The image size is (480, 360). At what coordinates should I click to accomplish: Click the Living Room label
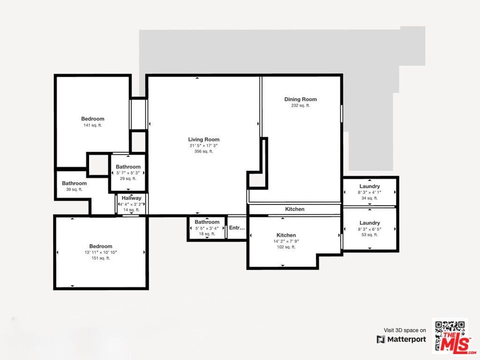click(x=203, y=139)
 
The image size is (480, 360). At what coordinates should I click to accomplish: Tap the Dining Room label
click(x=300, y=99)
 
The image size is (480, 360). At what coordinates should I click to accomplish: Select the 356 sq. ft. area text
click(x=203, y=151)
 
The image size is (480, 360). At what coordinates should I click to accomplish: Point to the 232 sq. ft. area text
click(x=300, y=105)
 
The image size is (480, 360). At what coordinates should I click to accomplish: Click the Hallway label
click(x=131, y=198)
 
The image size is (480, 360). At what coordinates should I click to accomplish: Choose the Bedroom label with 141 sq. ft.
click(x=93, y=119)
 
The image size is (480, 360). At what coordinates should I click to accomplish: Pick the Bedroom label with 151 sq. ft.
click(x=100, y=246)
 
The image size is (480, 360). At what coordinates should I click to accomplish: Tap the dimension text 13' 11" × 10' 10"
click(x=100, y=252)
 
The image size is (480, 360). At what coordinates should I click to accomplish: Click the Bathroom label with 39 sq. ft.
click(x=74, y=183)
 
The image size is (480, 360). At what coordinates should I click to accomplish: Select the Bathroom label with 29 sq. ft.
click(x=128, y=167)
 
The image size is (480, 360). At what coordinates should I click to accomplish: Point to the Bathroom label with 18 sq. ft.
click(x=207, y=222)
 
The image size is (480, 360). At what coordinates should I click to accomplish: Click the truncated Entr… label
click(x=237, y=228)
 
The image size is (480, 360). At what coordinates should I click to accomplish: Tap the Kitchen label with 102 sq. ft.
click(x=286, y=235)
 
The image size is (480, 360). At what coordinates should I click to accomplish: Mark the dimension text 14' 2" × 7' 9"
click(x=286, y=241)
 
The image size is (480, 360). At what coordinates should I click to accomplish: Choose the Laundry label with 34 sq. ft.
click(x=369, y=186)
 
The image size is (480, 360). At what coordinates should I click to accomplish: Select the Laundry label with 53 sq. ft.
click(x=369, y=223)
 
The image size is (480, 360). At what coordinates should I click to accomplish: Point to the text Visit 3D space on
click(x=404, y=330)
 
